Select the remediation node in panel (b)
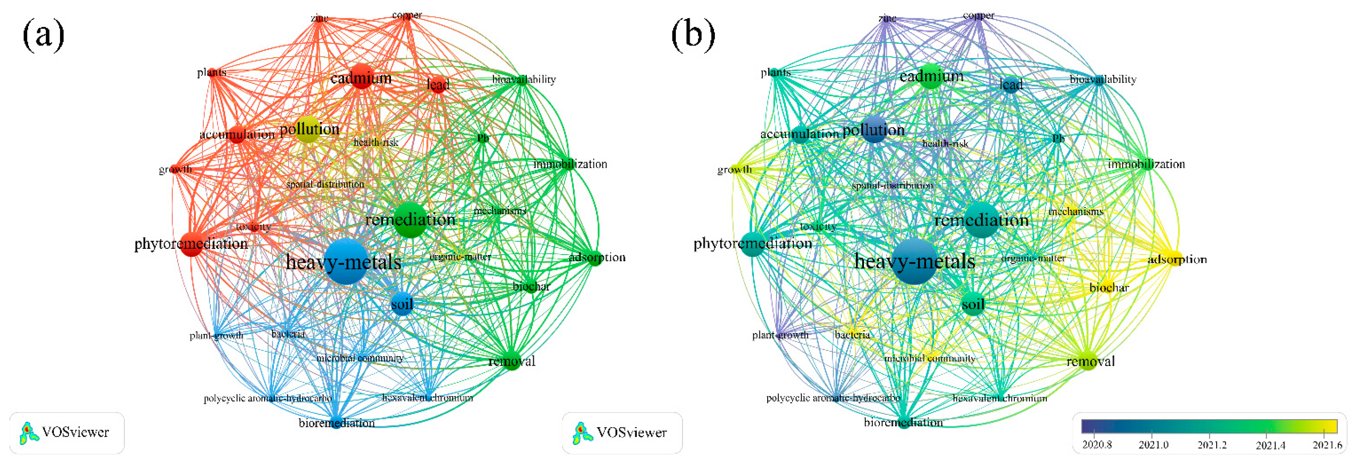982,219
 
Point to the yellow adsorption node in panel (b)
1175,259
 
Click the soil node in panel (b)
973,304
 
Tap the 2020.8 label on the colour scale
1097,445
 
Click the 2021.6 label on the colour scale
1327,445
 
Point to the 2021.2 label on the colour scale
1212,445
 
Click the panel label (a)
43,35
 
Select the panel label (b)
693,35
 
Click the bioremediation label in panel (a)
336,423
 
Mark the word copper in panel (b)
978,16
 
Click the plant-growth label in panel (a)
216,335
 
